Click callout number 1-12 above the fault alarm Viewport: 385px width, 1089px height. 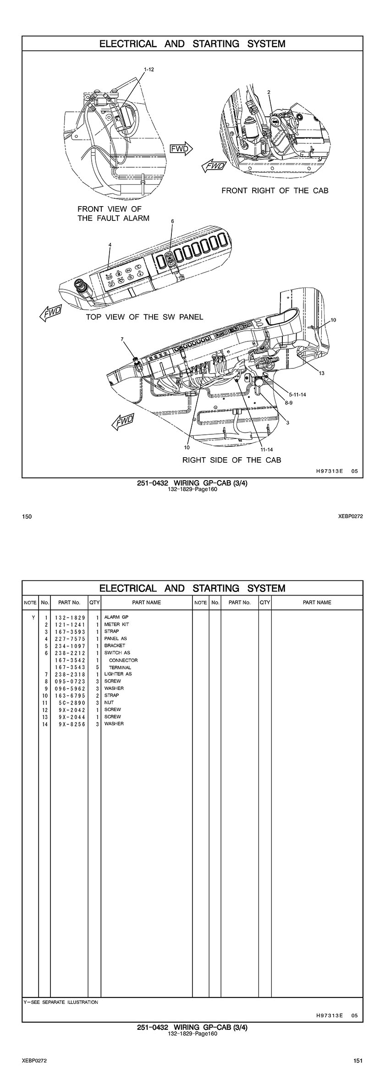click(149, 70)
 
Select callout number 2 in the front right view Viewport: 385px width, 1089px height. click(269, 92)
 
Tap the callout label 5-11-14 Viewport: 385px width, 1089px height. click(297, 394)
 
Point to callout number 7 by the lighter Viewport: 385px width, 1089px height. click(122, 339)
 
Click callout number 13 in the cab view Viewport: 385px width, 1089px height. click(322, 373)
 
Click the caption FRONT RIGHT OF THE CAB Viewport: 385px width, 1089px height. click(275, 190)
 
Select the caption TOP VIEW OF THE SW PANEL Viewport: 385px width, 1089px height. click(144, 317)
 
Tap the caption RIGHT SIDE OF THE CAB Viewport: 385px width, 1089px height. click(232, 460)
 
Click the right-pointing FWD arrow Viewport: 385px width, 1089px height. click(181, 148)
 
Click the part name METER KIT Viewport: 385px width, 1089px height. click(116, 624)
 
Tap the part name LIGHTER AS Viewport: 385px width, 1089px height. click(118, 674)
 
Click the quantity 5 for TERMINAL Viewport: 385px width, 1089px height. click(98, 668)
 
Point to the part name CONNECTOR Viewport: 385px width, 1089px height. click(123, 660)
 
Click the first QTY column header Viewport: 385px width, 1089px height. click(94, 602)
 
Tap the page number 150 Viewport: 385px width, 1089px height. click(27, 516)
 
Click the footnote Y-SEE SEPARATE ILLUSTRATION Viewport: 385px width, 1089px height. click(60, 1002)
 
